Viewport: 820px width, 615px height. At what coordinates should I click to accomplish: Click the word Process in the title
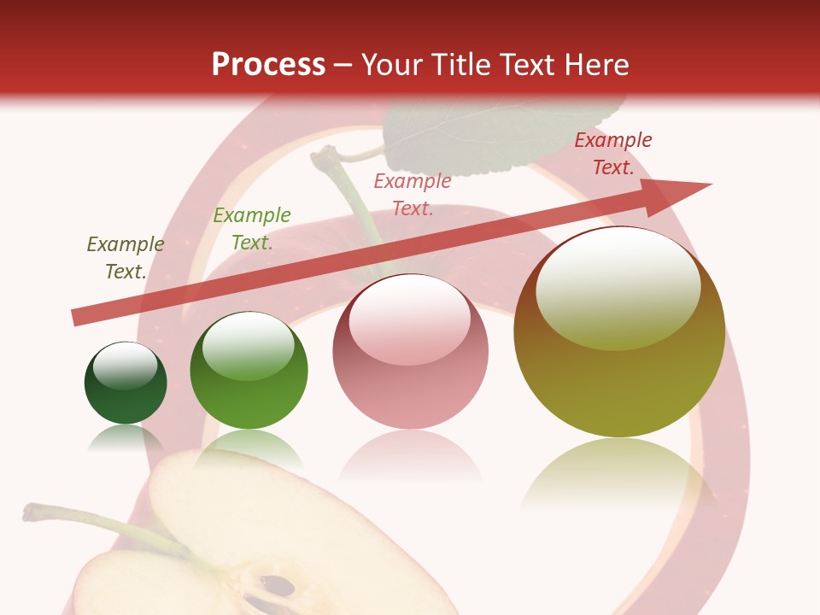(x=268, y=65)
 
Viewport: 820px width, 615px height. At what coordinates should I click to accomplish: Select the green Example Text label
(x=252, y=229)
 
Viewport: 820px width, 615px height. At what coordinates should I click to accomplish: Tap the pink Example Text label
(x=413, y=195)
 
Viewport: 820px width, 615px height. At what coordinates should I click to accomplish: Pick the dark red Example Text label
(x=613, y=154)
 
